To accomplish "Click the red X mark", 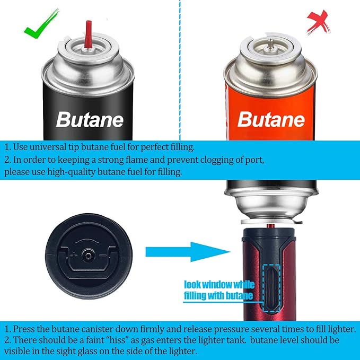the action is coord(318,22).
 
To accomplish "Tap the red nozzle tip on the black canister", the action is coord(88,34).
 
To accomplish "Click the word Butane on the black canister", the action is coord(90,120).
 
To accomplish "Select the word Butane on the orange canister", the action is coord(271,119).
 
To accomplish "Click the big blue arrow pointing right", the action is coord(188,252).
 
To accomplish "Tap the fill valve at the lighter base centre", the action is coord(88,256).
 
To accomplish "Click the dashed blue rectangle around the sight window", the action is coord(271,288).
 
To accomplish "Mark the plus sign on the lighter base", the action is coord(74,255).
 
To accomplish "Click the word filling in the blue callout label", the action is coord(196,296).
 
